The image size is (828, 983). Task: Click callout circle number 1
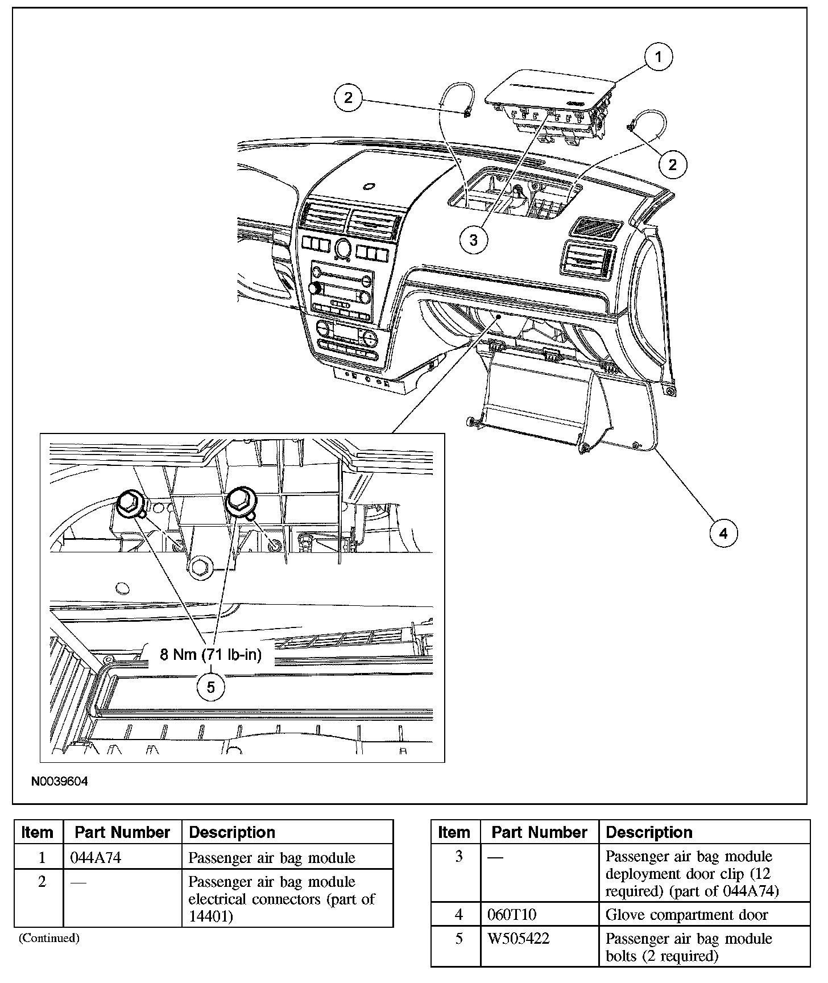[x=659, y=57]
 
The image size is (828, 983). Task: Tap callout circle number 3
[x=474, y=240]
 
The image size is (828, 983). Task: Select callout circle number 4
[x=723, y=533]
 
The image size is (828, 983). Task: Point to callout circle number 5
[x=211, y=687]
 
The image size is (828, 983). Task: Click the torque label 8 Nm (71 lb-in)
[x=210, y=655]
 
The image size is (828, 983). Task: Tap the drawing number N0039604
[x=60, y=782]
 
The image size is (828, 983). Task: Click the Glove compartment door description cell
[x=686, y=914]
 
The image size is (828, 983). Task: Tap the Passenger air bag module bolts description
[x=689, y=947]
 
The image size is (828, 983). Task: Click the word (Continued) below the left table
[x=49, y=938]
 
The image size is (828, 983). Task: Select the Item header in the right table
[x=454, y=832]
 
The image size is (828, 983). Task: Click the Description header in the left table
[x=232, y=832]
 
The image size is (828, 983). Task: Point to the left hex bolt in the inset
[x=130, y=504]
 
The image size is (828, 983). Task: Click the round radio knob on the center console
[x=343, y=248]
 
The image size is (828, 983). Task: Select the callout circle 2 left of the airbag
[x=348, y=98]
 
